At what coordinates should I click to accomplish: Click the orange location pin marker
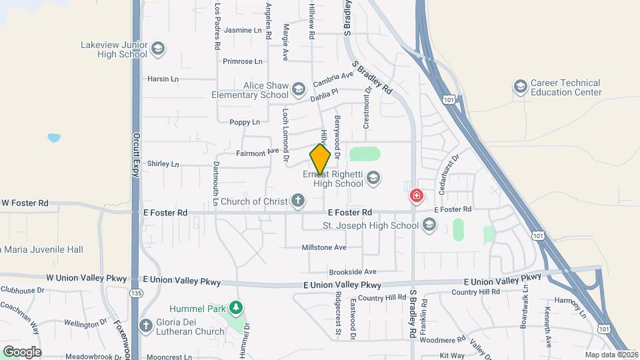tap(320, 160)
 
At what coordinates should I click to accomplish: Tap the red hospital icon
tap(416, 196)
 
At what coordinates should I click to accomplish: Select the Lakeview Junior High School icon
tap(158, 49)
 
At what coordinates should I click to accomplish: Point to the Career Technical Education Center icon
tap(520, 87)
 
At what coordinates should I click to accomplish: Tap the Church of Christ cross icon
tap(297, 201)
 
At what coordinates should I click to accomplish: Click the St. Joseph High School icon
tap(429, 225)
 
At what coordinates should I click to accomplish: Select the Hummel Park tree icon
tap(235, 308)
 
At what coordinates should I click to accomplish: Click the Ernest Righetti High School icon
tap(373, 178)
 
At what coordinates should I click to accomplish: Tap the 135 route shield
tap(136, 293)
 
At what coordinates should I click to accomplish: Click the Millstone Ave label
tap(324, 247)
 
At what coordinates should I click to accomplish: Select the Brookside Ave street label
tap(352, 271)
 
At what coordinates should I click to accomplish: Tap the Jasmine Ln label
tap(243, 30)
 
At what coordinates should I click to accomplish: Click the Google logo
tap(22, 351)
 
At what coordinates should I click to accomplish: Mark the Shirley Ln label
tap(163, 163)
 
